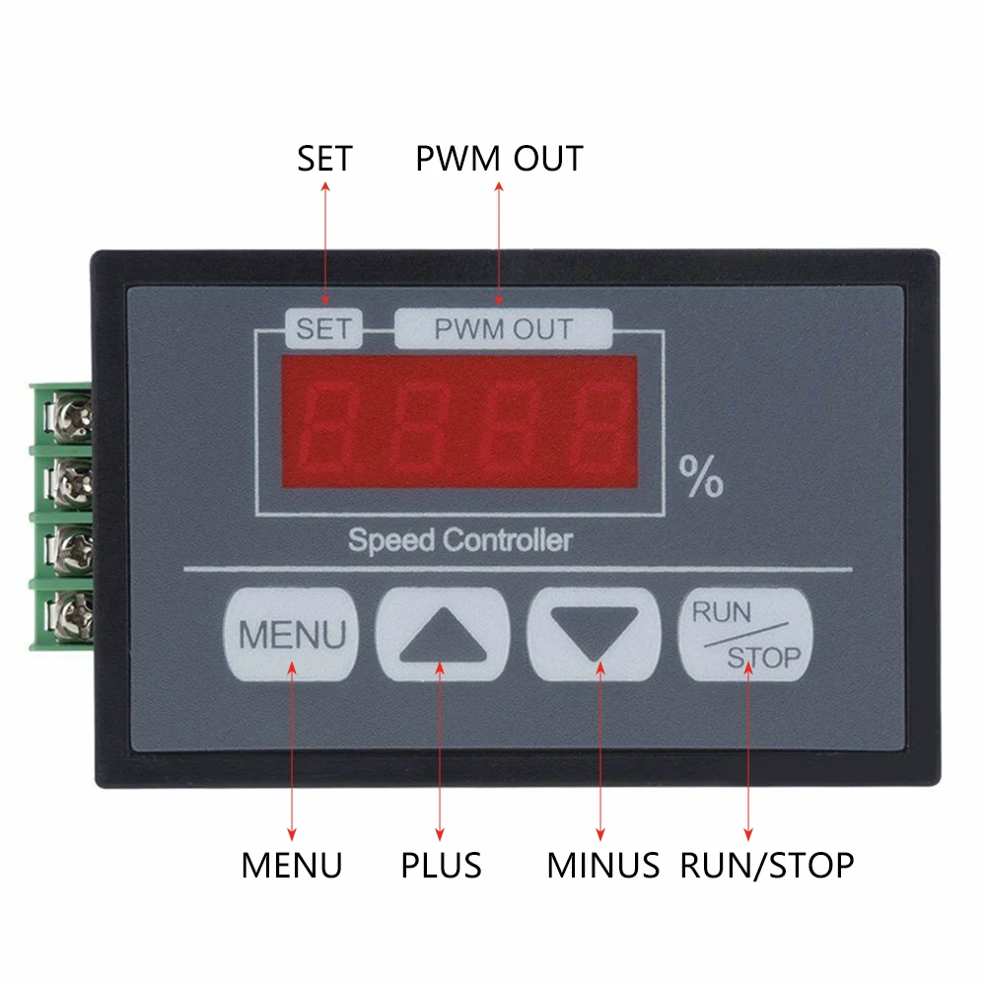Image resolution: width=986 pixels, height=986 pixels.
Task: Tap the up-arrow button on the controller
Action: [x=443, y=634]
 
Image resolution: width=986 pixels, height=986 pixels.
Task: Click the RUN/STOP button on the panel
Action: [x=745, y=634]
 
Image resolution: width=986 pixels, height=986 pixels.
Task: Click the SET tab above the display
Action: [x=323, y=328]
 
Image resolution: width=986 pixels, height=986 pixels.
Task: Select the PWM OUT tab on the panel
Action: [x=503, y=328]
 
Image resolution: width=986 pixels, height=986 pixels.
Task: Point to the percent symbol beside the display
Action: [x=701, y=476]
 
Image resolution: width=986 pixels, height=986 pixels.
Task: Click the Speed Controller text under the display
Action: [x=460, y=540]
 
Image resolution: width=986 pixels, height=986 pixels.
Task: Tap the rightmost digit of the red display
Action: [x=599, y=429]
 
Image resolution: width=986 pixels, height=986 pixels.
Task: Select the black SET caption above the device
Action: [x=324, y=159]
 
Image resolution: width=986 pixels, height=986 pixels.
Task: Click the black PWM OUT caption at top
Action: [x=499, y=159]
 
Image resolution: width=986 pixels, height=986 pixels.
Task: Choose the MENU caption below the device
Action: [x=292, y=866]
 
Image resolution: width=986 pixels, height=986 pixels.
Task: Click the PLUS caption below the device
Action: [x=441, y=866]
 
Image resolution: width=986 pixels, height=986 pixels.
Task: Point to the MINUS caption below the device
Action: [x=603, y=866]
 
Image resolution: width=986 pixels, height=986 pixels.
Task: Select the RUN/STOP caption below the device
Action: [x=767, y=866]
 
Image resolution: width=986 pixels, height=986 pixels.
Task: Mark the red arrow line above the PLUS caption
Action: [x=440, y=750]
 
